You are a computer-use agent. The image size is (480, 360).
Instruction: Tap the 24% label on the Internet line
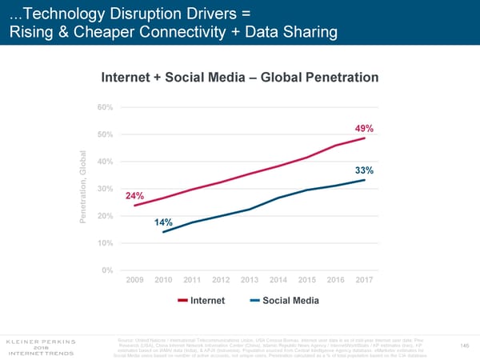[134, 196]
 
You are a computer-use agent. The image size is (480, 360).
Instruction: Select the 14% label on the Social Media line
[164, 222]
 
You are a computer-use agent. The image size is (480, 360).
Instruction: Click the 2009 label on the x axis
[136, 279]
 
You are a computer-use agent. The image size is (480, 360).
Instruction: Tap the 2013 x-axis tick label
[250, 279]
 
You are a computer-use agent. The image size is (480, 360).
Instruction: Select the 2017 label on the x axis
[364, 279]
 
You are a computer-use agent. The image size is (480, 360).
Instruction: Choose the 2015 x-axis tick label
[307, 279]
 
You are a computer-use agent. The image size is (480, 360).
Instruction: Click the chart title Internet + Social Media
[239, 78]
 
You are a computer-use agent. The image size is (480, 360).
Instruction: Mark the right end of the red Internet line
[366, 138]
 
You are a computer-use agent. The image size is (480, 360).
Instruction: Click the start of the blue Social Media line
[163, 232]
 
